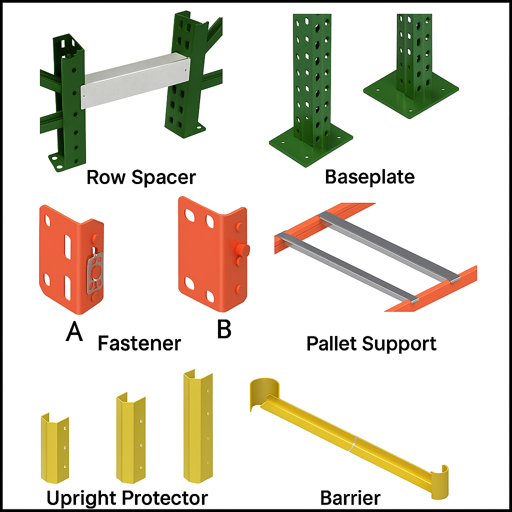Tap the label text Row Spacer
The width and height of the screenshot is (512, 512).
point(141,177)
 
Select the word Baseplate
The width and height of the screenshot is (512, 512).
point(369,176)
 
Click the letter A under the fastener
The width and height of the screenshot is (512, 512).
point(74,331)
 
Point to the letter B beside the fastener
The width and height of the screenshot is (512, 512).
point(223,329)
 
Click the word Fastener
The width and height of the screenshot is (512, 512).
point(139,343)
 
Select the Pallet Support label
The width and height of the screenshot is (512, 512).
point(371,343)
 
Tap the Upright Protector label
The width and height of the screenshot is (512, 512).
point(127,497)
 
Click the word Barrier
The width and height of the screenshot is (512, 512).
point(350,497)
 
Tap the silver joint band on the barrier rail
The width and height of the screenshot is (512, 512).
point(354,443)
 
